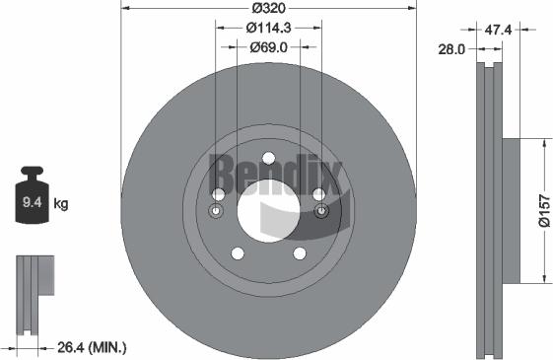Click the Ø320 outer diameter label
[268, 9]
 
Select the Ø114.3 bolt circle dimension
[268, 28]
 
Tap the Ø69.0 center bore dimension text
[268, 46]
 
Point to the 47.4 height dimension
[500, 31]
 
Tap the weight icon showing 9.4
[30, 201]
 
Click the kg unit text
[61, 204]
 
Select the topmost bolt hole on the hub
[268, 157]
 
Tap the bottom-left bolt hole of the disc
[237, 253]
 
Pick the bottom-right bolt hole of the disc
[300, 253]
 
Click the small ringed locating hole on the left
[217, 211]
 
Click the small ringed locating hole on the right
[319, 211]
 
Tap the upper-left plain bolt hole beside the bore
[218, 193]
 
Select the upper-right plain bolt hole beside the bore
[318, 193]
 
